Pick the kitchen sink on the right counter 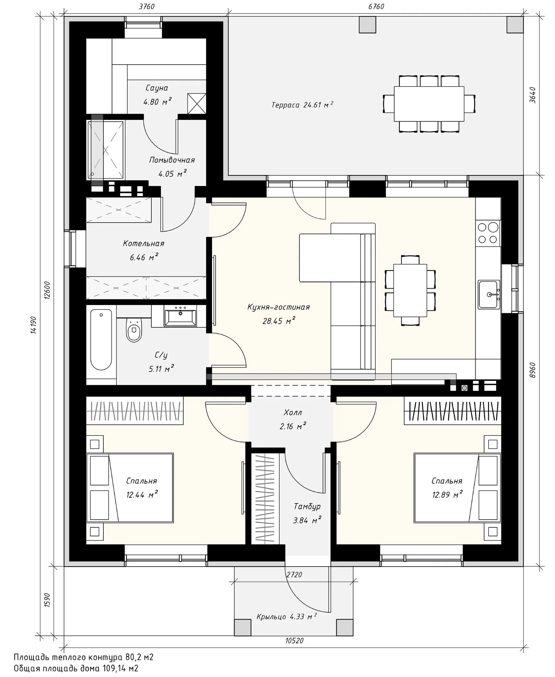[489, 294]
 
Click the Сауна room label [157, 88]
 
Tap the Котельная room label [144, 244]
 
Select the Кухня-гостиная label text [278, 307]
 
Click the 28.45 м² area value [278, 320]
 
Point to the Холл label [293, 413]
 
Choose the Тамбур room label [307, 507]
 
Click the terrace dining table [429, 104]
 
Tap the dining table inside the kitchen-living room [410, 290]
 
